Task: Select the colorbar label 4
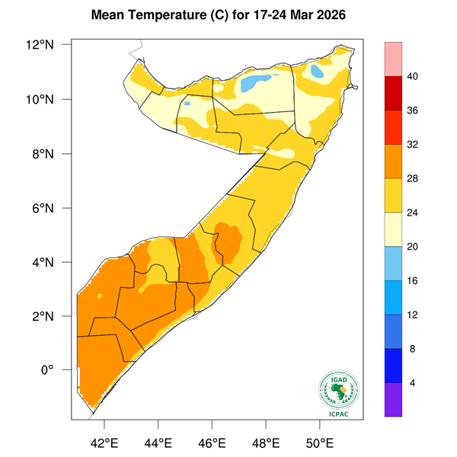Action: [412, 383]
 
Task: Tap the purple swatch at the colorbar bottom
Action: [395, 400]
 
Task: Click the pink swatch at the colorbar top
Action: [395, 60]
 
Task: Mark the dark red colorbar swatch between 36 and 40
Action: [395, 94]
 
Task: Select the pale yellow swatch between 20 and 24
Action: [395, 229]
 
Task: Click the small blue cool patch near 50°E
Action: [316, 73]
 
